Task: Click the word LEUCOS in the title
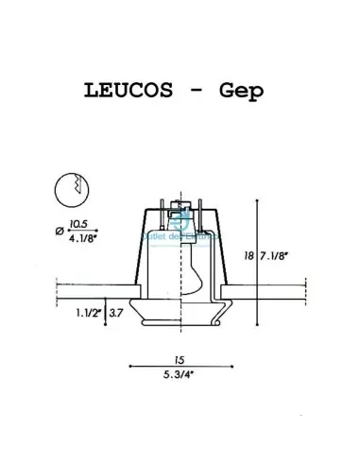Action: (x=129, y=93)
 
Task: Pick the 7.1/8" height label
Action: (x=274, y=255)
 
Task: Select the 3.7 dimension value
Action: (x=117, y=310)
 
